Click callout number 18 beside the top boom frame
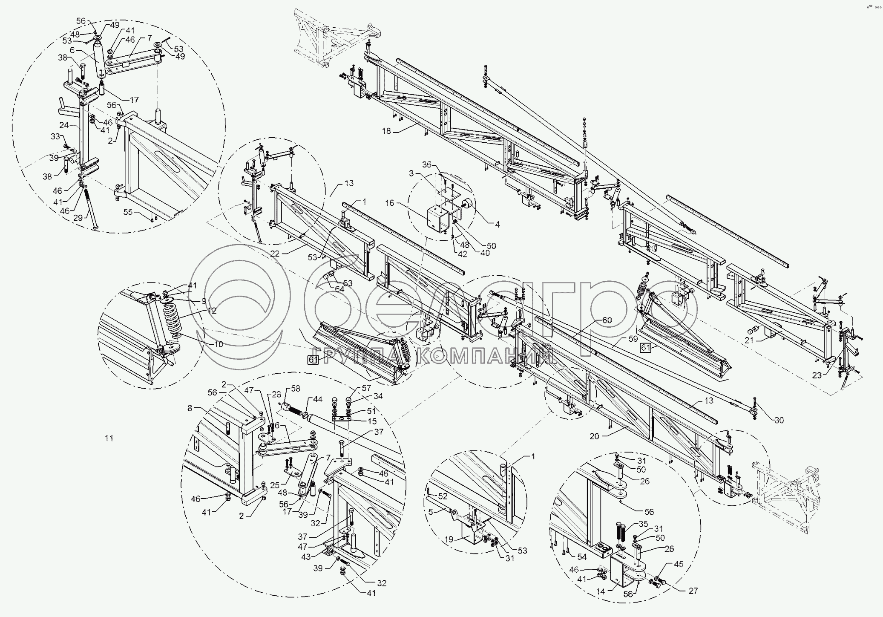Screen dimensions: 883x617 386,132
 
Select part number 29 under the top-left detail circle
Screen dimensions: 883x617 78,218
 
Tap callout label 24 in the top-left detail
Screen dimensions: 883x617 64,125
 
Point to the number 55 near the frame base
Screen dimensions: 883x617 128,212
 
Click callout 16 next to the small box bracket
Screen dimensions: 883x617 390,203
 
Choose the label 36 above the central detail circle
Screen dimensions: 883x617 427,164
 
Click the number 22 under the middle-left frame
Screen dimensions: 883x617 275,254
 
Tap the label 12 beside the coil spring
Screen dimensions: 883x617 212,311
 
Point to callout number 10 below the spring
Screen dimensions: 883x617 219,344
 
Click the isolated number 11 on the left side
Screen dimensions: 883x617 109,438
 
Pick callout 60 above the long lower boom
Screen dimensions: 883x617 607,320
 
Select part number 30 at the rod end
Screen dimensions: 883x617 779,420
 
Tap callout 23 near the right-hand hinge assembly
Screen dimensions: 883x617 817,375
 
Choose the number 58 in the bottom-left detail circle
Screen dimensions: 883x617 295,389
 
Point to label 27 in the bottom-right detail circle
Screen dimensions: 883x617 693,591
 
